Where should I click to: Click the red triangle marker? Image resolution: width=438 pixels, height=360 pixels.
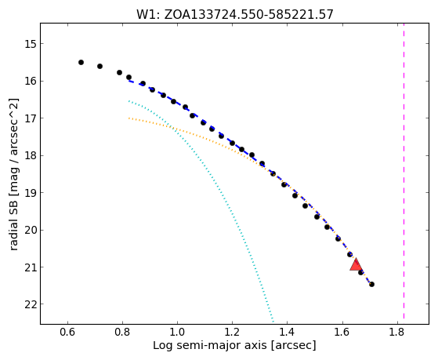[356, 265]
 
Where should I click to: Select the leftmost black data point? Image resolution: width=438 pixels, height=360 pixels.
[81, 63]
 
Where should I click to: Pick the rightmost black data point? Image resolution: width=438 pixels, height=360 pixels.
[371, 285]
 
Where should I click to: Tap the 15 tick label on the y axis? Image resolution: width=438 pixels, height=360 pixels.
[31, 44]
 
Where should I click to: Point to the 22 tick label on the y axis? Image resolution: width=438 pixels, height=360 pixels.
[31, 304]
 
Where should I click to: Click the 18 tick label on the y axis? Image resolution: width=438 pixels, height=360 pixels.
[31, 156]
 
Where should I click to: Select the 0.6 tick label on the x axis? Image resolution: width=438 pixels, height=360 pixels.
[67, 333]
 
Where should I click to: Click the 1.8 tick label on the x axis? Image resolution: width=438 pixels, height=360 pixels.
[396, 333]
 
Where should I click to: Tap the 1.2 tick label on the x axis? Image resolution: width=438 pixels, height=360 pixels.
[232, 333]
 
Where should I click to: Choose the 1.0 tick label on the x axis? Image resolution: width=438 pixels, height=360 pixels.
[177, 333]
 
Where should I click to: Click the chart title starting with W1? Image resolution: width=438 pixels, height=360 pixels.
[234, 14]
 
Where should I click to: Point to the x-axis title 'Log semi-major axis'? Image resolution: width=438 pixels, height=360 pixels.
[210, 346]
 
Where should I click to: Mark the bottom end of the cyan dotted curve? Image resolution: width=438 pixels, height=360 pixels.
[273, 322]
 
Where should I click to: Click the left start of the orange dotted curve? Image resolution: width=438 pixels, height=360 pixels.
[129, 118]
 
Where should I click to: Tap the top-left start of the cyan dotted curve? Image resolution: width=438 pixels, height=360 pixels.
[129, 101]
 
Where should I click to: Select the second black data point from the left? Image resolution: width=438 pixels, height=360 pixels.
[100, 67]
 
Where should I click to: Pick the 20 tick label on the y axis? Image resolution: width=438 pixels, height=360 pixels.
[31, 231]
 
